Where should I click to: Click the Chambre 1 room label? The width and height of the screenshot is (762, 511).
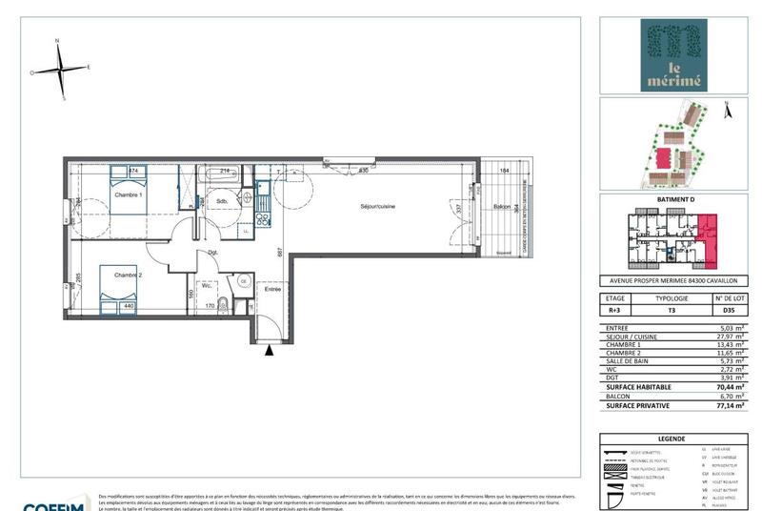pyautogui.click(x=129, y=195)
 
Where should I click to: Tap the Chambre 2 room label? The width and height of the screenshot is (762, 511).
pyautogui.click(x=129, y=276)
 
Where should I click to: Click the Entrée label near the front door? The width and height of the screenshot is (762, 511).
pyautogui.click(x=273, y=289)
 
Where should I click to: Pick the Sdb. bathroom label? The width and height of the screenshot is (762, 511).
pyautogui.click(x=220, y=202)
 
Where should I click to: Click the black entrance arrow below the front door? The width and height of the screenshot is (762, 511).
pyautogui.click(x=270, y=351)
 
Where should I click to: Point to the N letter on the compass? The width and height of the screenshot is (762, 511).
pyautogui.click(x=58, y=41)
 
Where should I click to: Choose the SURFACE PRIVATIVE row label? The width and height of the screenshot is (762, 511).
pyautogui.click(x=639, y=405)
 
